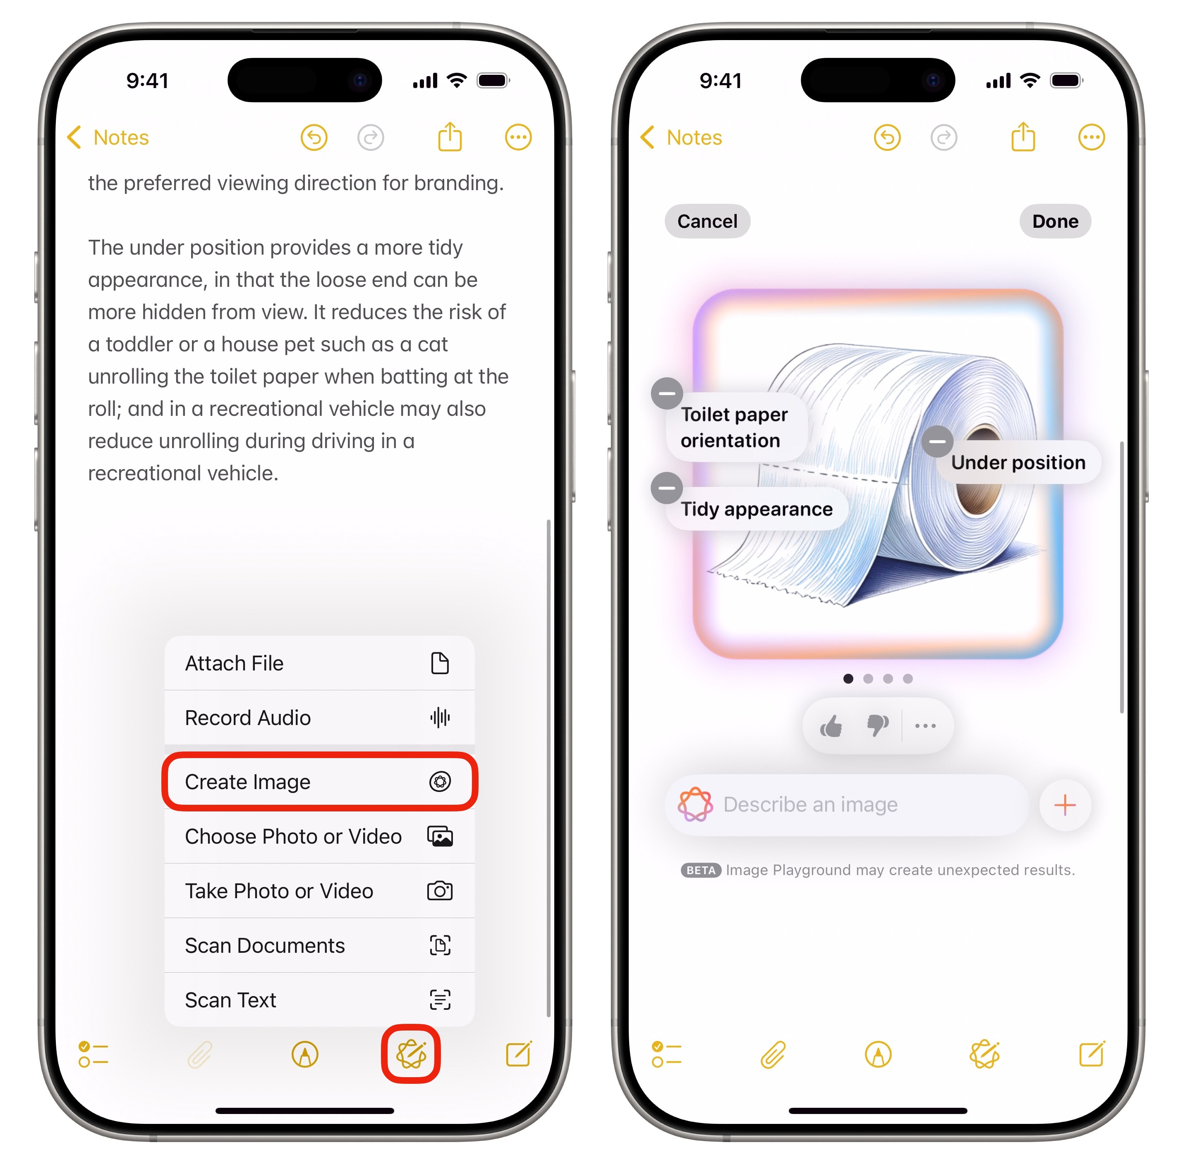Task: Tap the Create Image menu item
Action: coord(318,781)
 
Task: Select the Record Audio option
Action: coord(318,717)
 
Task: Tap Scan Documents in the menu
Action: coord(318,945)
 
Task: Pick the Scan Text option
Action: coord(318,999)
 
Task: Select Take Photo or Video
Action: coord(318,891)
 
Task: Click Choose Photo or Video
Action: coord(318,836)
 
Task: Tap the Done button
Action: coord(1054,221)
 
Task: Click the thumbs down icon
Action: coord(878,726)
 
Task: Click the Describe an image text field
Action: coord(847,804)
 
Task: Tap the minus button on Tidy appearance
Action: coord(667,488)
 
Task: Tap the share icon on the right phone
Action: coord(1023,136)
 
